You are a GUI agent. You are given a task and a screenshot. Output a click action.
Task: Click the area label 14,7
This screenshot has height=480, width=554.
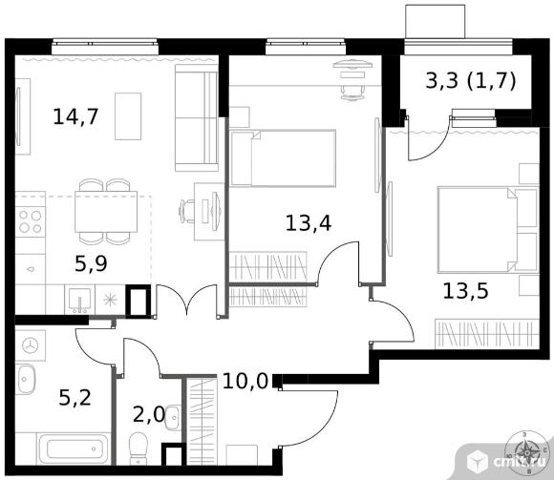coord(75,116)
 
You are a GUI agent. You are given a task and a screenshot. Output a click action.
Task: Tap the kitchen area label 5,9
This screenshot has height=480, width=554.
coord(91,263)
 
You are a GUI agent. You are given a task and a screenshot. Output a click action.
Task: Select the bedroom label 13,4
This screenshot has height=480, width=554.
coord(309,223)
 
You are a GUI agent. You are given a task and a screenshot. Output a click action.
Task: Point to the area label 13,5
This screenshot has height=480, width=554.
coord(465,291)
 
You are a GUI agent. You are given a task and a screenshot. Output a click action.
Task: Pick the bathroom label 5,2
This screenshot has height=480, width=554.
coord(75,397)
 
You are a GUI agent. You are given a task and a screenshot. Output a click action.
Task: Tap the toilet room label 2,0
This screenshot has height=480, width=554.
coord(149,414)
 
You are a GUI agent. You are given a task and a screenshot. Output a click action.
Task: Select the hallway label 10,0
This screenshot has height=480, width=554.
coord(245,381)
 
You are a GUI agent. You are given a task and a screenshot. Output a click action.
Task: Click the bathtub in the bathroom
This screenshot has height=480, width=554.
coord(74,449)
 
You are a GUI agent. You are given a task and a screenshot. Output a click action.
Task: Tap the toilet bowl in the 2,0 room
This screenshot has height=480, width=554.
coord(138,449)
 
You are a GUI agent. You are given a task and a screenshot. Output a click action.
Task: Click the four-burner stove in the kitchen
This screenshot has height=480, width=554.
coord(30,221)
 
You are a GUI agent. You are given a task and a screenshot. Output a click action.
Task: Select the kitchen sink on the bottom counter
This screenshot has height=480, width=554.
coord(80,301)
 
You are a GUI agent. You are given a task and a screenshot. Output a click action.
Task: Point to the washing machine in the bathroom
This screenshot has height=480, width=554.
coord(30,345)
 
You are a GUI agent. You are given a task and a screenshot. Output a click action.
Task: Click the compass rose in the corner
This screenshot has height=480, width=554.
coord(527,452)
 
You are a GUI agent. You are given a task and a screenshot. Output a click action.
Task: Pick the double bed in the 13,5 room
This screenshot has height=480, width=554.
coord(488,230)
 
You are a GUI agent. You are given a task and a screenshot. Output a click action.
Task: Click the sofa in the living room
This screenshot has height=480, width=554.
coord(197,117)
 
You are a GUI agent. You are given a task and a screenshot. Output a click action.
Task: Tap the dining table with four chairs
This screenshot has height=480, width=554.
coord(106,212)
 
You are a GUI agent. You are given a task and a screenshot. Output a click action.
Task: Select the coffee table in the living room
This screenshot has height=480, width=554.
coord(128,116)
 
